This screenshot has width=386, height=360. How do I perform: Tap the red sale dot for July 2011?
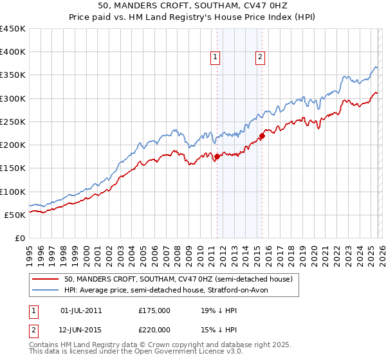click(x=217, y=156)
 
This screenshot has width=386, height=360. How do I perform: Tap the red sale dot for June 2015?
click(x=262, y=136)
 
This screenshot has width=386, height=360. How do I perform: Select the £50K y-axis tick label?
click(x=15, y=215)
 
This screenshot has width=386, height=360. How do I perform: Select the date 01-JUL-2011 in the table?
click(x=81, y=310)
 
